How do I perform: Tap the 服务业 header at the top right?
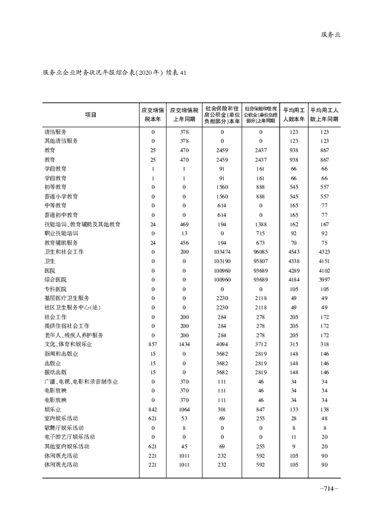(330, 34)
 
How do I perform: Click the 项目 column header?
(90, 114)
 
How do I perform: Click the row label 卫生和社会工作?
(64, 252)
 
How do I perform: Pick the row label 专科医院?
(55, 289)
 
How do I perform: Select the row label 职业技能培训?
(61, 233)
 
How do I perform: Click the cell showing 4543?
(292, 252)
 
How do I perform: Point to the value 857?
(153, 345)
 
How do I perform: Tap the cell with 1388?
(261, 224)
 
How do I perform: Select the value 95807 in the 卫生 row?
(261, 261)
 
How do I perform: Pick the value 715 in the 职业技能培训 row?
(261, 233)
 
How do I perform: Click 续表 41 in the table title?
(176, 73)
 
